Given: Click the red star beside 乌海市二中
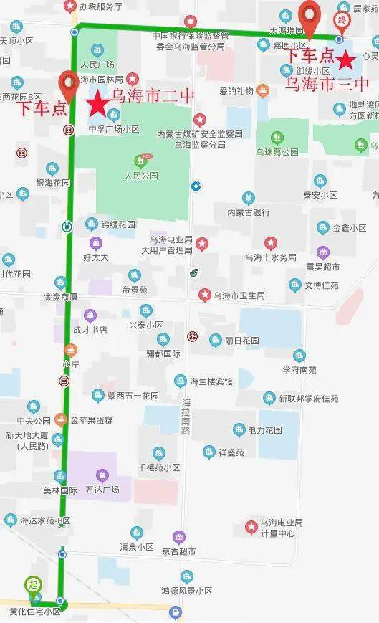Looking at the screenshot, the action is [x=98, y=104].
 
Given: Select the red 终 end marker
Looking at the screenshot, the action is [x=342, y=20].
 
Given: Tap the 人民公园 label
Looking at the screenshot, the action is [x=140, y=175].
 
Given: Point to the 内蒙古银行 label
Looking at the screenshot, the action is [x=248, y=212].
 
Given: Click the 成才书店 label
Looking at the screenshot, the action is [x=90, y=330].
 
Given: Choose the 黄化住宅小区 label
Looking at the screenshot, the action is [x=35, y=611].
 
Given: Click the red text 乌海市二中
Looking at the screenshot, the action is [x=148, y=96].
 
